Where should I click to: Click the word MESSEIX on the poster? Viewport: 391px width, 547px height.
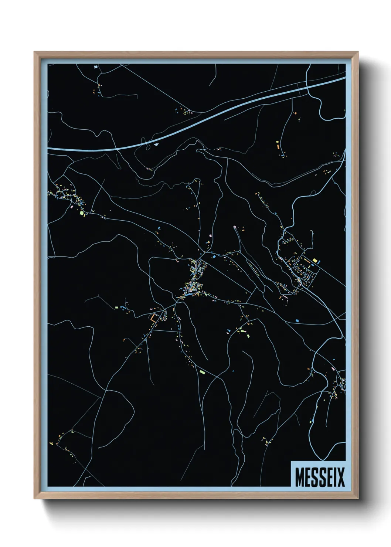(320, 477)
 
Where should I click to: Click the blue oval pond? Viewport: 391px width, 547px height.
(297, 320)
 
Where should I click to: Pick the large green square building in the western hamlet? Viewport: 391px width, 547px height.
(82, 213)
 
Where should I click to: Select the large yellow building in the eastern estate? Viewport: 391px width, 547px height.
(314, 261)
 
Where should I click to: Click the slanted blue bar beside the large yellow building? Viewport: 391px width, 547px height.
(319, 262)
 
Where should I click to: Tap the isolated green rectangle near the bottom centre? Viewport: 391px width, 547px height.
(202, 372)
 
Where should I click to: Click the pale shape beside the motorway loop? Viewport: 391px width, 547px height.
(156, 145)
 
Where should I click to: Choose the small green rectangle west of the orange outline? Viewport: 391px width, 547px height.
(122, 307)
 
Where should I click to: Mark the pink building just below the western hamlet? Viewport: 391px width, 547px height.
(72, 207)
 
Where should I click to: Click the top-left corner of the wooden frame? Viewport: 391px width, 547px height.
(34, 52)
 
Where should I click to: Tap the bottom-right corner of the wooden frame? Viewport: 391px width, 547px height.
(358, 499)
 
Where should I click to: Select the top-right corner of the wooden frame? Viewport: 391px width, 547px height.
(358, 52)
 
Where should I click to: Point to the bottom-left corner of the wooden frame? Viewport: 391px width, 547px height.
(34, 499)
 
